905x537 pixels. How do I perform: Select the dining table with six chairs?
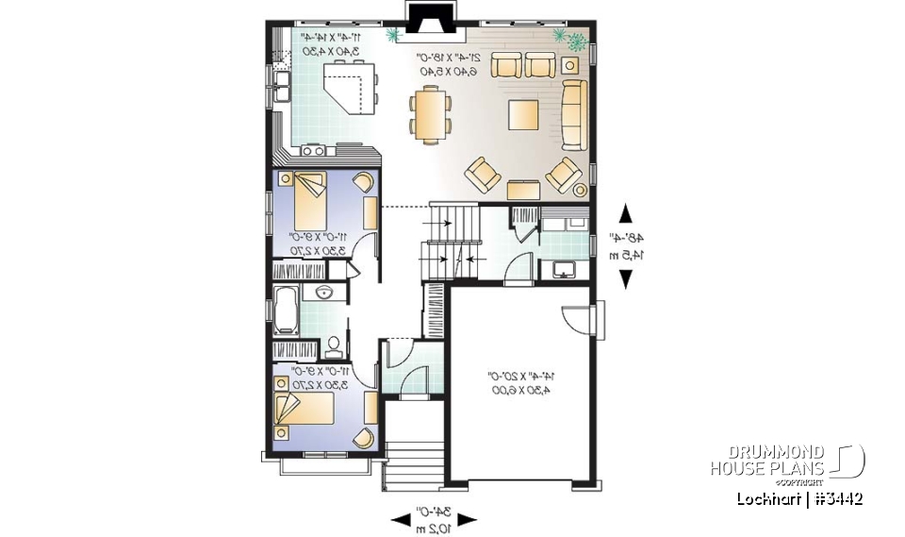coord(430,113)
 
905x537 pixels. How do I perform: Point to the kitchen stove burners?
coord(313,149)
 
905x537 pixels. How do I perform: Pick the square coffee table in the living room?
coord(526,115)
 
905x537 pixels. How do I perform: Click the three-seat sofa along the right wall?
coord(573,114)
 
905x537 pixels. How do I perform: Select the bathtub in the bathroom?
coord(284,311)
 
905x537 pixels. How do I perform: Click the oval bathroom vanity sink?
coord(323,292)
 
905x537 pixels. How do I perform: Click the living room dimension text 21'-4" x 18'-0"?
coord(450,64)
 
